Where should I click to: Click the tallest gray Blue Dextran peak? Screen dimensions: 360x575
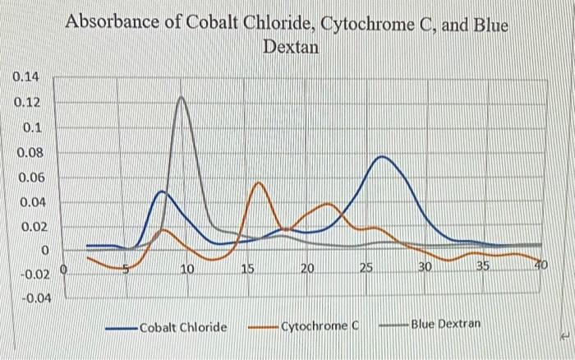(x=181, y=97)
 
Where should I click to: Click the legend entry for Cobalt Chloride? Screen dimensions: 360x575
(x=182, y=327)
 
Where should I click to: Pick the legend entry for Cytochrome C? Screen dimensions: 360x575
(x=320, y=326)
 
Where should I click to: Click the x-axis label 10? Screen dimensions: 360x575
(x=187, y=268)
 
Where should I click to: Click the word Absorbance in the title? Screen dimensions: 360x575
(x=110, y=24)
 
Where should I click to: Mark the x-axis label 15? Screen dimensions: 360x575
(x=247, y=268)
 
